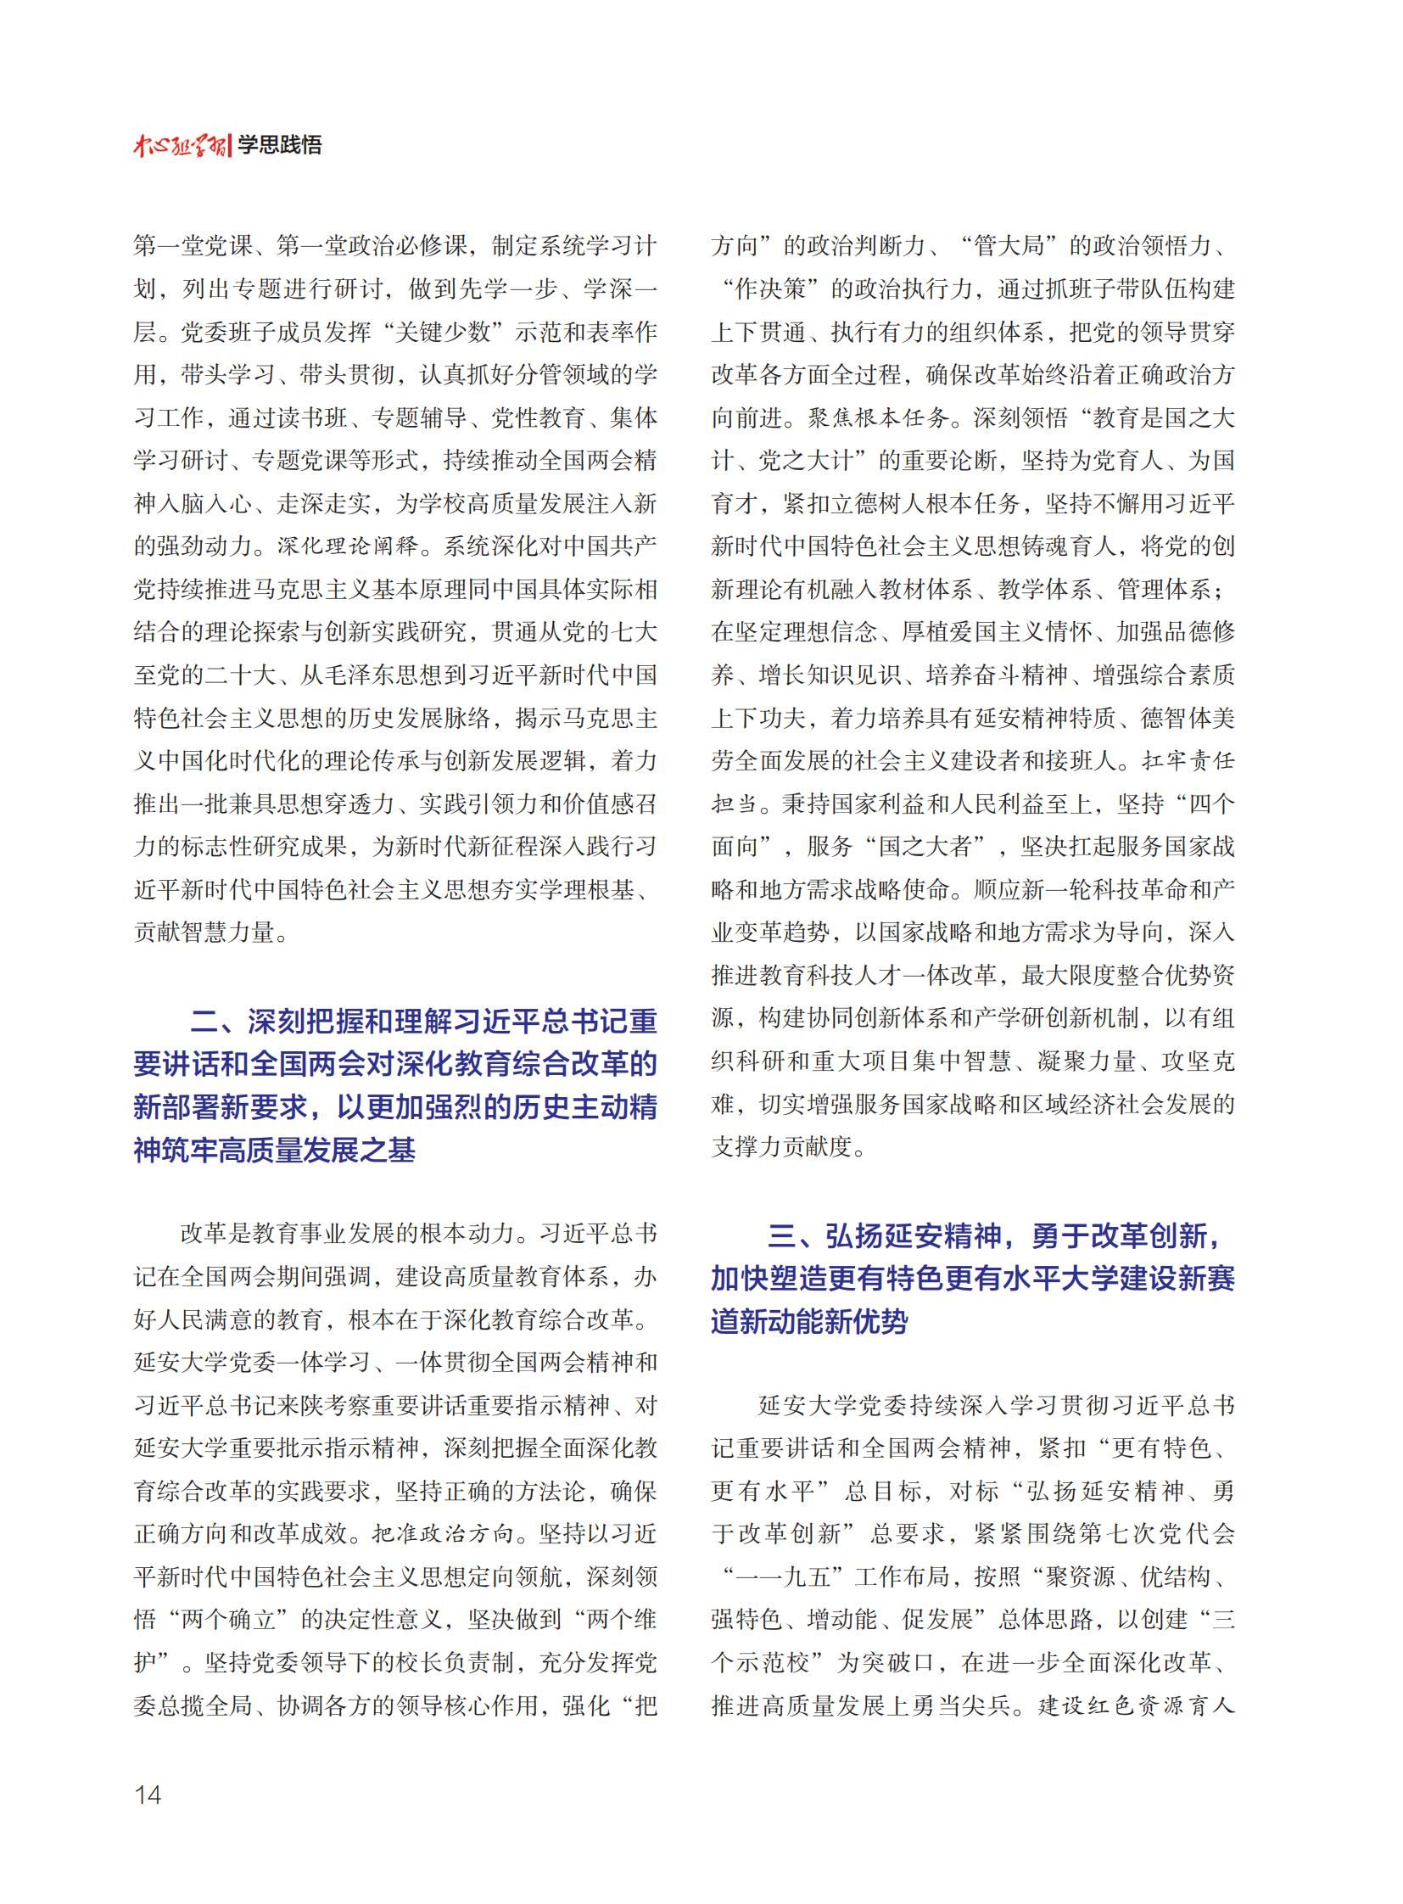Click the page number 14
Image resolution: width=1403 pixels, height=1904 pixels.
point(148,1795)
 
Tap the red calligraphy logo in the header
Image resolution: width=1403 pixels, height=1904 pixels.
point(180,145)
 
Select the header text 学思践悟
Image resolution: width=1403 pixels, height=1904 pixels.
point(279,145)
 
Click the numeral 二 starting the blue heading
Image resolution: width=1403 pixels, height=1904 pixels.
point(204,1021)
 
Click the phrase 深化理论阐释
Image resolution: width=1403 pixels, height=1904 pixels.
point(349,546)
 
